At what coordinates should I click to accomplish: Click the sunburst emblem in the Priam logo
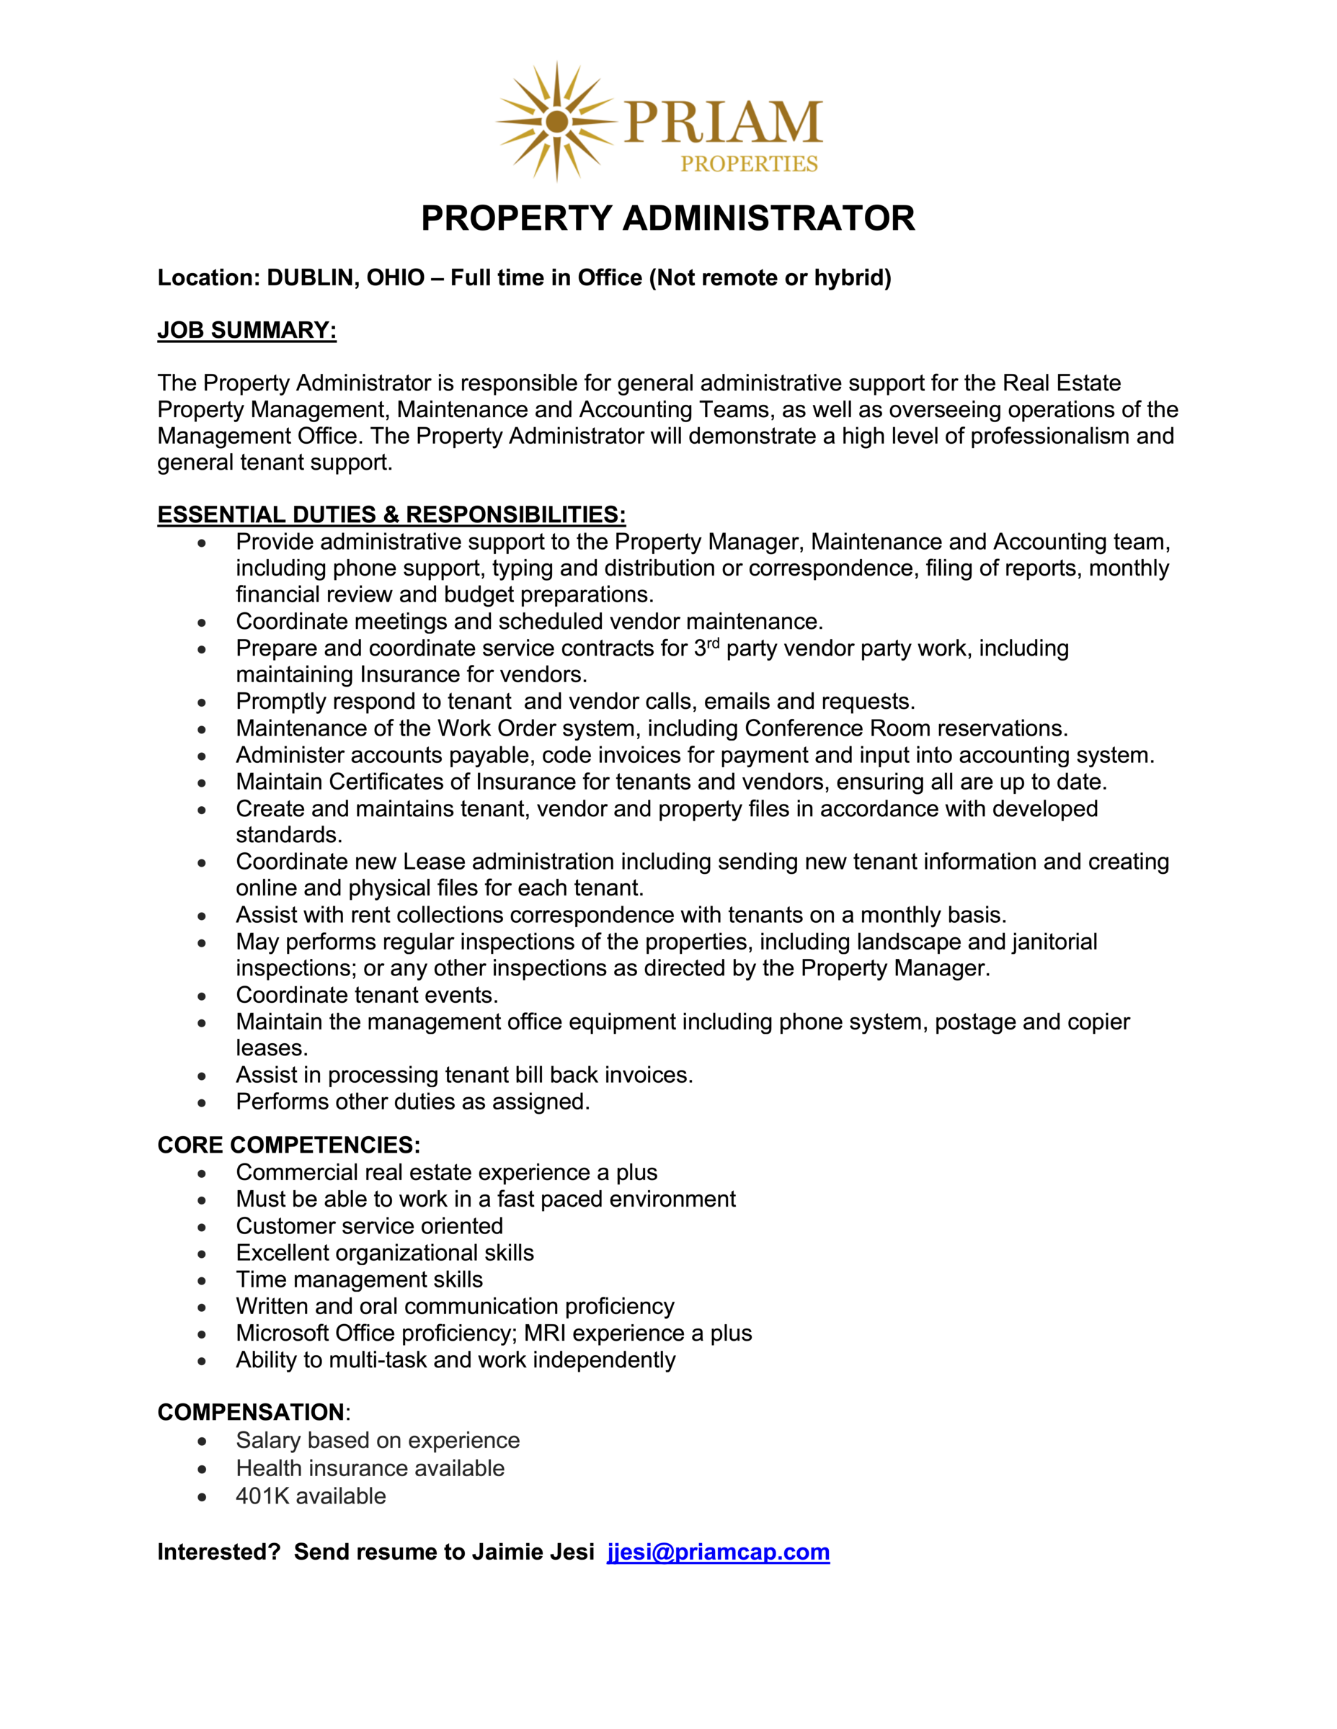pyautogui.click(x=557, y=121)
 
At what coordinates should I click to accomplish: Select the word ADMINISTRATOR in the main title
pyautogui.click(x=768, y=218)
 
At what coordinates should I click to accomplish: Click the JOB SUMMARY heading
pyautogui.click(x=246, y=330)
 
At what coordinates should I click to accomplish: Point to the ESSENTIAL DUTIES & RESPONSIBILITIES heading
pyautogui.click(x=391, y=514)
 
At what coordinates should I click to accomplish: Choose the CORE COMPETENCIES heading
pyautogui.click(x=288, y=1145)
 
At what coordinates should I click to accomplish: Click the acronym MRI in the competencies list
pyautogui.click(x=544, y=1333)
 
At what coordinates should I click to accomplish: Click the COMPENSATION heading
pyautogui.click(x=251, y=1412)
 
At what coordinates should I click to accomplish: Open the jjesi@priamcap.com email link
pyautogui.click(x=718, y=1552)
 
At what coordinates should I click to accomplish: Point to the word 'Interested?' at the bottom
pyautogui.click(x=218, y=1552)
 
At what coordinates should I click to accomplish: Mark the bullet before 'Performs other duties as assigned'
pyautogui.click(x=202, y=1103)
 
